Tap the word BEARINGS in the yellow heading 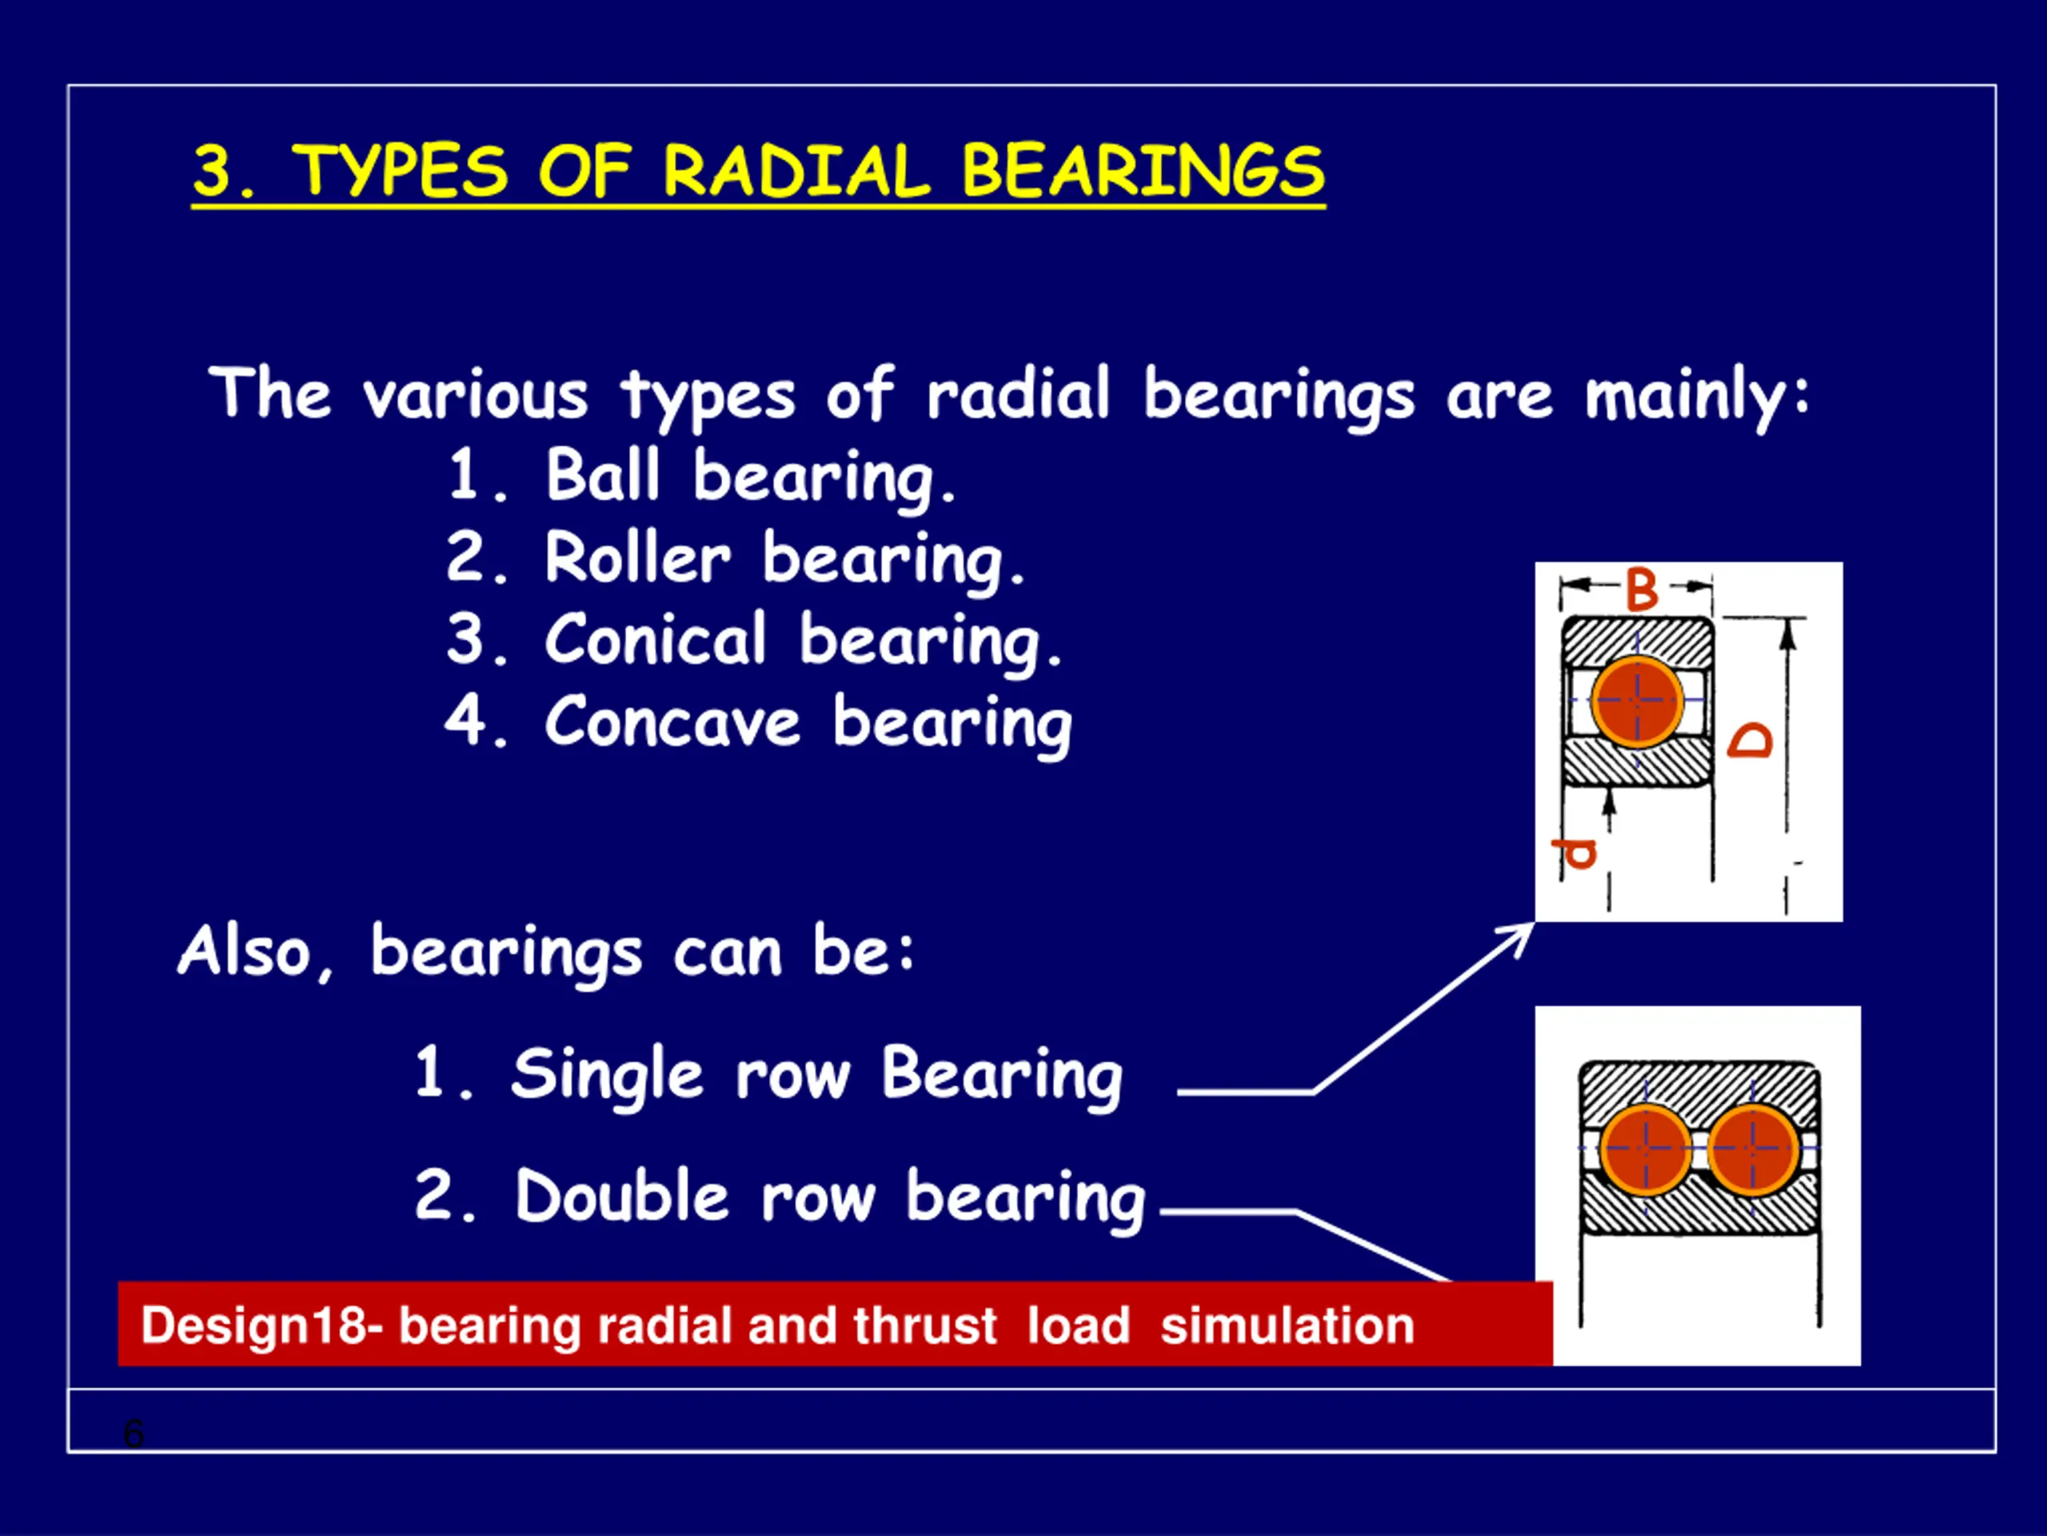click(x=1143, y=171)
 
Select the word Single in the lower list click(x=607, y=1076)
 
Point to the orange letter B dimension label click(x=1642, y=590)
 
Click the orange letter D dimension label click(x=1750, y=741)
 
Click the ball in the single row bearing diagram click(x=1637, y=702)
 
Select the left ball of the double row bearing click(x=1646, y=1149)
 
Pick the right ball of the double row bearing click(x=1752, y=1149)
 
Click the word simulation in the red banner click(x=1288, y=1325)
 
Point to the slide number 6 click(x=134, y=1434)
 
